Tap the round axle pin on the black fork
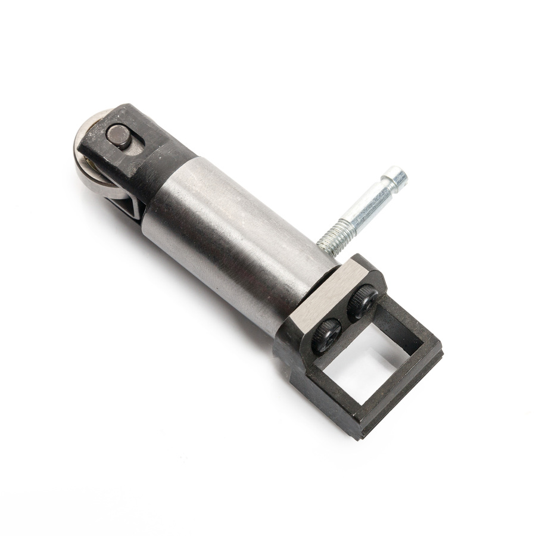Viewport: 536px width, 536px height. point(119,135)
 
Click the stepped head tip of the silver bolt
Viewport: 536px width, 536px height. point(397,177)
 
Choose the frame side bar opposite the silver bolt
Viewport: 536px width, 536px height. point(322,387)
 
